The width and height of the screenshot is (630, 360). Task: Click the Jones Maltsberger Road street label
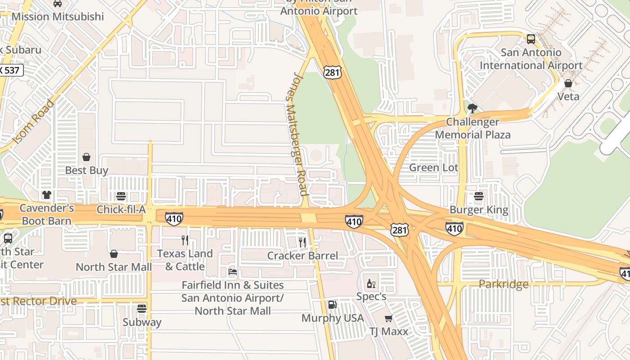297,134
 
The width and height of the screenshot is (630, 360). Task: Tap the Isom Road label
33,122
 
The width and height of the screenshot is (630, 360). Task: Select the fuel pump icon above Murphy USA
332,305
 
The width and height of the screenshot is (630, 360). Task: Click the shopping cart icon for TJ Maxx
388,318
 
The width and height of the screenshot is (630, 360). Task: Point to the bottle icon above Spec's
371,283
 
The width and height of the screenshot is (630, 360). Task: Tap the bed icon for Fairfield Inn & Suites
233,271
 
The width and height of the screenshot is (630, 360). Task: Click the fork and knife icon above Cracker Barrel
302,242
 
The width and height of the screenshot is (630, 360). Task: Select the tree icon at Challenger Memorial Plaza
472,108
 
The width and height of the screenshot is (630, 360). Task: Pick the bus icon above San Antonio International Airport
531,39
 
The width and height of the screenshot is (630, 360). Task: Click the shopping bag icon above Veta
568,83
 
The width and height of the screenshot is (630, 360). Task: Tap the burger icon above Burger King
479,196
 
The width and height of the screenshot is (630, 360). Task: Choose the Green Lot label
433,168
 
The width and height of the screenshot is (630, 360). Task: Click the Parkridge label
503,284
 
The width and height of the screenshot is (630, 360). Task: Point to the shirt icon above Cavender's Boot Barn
47,195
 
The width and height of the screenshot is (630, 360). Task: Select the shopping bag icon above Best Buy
86,157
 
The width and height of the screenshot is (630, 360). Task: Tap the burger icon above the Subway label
142,309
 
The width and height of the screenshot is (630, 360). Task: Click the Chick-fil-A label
121,210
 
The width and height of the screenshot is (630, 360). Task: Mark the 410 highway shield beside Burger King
454,229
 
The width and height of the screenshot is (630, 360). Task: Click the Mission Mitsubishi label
58,17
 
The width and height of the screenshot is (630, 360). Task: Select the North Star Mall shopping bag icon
114,254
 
